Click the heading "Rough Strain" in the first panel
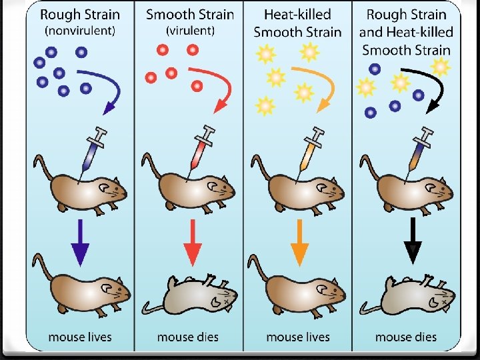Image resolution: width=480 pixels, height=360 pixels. (x=80, y=14)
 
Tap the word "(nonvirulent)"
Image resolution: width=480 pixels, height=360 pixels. (x=80, y=30)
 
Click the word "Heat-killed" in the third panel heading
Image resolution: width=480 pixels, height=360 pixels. (x=297, y=14)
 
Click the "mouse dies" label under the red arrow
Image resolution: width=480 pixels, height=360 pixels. (x=189, y=337)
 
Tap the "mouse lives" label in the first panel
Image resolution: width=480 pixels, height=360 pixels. (x=80, y=337)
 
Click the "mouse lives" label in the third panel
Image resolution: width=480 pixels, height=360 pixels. (x=298, y=337)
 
